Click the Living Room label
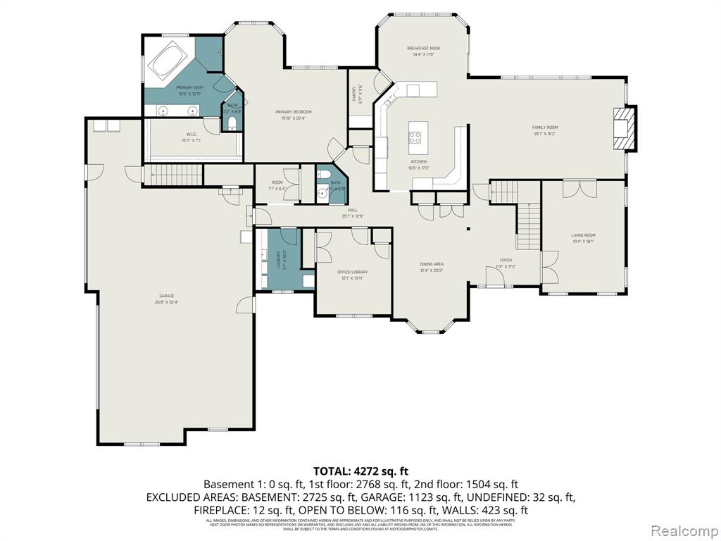tap(583, 238)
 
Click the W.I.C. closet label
tap(191, 137)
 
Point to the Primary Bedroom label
tap(294, 114)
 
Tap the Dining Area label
tap(432, 267)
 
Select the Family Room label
tap(544, 130)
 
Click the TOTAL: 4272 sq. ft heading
tap(360, 471)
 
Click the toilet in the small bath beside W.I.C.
tap(232, 125)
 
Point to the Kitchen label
tap(419, 164)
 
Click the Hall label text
tap(352, 212)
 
